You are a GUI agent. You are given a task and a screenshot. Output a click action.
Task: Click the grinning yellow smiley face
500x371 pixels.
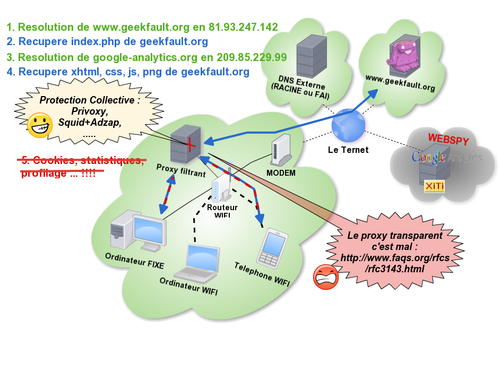40,125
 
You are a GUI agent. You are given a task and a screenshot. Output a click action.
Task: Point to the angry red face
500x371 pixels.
326,277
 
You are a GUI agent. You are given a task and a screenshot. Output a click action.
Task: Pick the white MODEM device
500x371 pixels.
280,151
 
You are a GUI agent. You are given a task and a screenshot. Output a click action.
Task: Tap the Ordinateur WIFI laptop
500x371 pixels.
197,263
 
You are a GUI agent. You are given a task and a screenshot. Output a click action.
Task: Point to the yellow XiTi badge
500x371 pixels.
434,186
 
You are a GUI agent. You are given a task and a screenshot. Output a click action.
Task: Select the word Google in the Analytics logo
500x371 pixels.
428,158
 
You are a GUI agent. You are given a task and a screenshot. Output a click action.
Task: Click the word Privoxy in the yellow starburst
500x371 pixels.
89,111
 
